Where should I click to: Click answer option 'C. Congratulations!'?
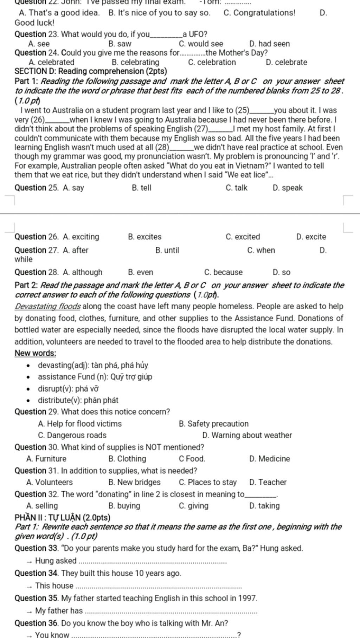pos(259,13)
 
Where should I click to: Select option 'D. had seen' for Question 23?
pos(269,44)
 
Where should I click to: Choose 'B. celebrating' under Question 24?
pos(135,63)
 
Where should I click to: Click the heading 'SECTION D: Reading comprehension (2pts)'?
pos(91,71)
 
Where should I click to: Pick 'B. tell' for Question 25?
pos(141,188)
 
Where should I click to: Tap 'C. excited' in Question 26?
pos(243,237)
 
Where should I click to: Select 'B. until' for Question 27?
pos(167,251)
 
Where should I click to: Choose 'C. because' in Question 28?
pos(223,272)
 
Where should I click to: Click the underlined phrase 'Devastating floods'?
pos(48,306)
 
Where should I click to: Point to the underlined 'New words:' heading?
pos(35,353)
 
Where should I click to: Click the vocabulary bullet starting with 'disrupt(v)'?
pos(68,389)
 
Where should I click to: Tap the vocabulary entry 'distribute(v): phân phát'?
pos(78,400)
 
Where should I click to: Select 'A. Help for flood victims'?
pos(80,424)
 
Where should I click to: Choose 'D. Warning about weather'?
pos(247,435)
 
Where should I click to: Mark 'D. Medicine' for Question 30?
pos(269,459)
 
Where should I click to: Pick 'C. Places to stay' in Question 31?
pos(207,483)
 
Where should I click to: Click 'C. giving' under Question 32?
pos(193,506)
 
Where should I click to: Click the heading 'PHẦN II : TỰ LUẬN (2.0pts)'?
pos(63,518)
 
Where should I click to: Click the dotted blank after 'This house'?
pos(159,587)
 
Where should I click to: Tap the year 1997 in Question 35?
pos(247,598)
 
